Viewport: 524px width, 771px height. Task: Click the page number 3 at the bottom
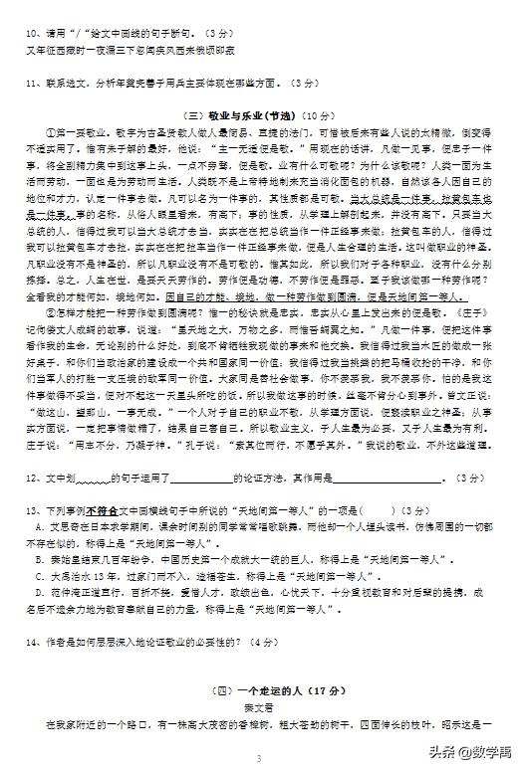coord(258,759)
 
